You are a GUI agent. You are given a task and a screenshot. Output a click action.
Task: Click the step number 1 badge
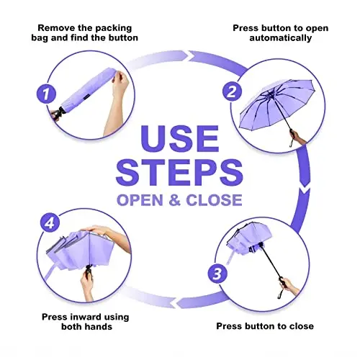click(x=46, y=94)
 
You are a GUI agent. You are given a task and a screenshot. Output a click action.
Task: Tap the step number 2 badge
click(x=232, y=91)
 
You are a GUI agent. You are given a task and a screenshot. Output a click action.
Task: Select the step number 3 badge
click(x=217, y=274)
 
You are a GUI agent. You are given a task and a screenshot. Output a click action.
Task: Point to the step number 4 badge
click(x=50, y=223)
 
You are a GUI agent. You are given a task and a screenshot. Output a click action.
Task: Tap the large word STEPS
click(x=179, y=172)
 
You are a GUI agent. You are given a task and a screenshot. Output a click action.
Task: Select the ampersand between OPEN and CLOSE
click(x=174, y=200)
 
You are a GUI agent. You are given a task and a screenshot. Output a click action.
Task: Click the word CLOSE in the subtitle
click(x=214, y=200)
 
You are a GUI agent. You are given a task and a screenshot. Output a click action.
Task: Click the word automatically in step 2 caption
click(x=281, y=38)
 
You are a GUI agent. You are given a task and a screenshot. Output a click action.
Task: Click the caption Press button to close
click(x=265, y=326)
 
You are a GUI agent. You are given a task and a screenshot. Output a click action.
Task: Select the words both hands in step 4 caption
click(x=86, y=327)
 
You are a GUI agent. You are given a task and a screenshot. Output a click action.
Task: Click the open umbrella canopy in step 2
click(x=276, y=103)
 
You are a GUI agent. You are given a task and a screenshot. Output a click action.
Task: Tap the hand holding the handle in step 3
click(x=289, y=286)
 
